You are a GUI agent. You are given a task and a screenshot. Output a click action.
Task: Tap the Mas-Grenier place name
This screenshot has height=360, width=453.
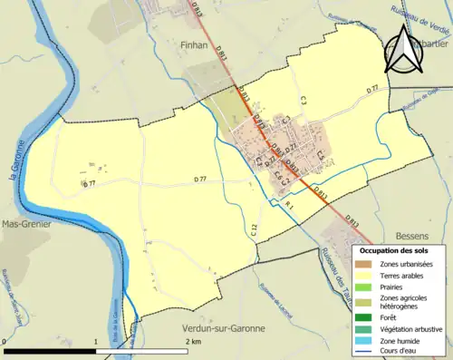[25, 222]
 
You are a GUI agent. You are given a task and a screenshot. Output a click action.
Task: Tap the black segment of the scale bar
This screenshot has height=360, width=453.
[50, 349]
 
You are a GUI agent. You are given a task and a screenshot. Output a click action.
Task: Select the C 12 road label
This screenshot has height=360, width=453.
[255, 230]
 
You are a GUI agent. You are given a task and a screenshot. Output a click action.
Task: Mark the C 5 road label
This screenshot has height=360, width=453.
[320, 157]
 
